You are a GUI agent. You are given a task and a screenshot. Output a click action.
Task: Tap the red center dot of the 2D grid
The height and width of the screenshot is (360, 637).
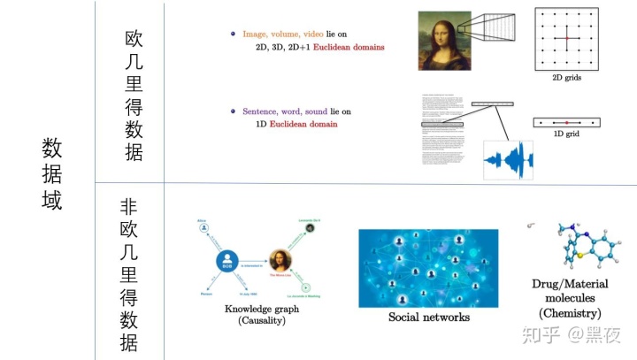[x=566, y=39]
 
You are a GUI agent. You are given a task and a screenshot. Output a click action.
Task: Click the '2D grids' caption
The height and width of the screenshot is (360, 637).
[x=566, y=78]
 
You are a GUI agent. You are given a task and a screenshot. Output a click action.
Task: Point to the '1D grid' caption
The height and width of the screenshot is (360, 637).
[x=566, y=134]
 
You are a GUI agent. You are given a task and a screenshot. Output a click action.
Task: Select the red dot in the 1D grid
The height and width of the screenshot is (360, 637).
[x=566, y=121]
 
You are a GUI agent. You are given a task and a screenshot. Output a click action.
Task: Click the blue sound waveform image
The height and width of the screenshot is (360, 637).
[x=508, y=160]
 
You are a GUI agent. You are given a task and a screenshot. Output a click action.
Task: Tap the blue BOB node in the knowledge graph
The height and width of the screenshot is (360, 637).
[x=229, y=262]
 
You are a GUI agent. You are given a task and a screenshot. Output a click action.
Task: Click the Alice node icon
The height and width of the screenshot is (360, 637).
[x=204, y=227]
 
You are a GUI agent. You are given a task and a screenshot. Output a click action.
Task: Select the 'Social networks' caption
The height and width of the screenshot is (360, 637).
[x=428, y=317]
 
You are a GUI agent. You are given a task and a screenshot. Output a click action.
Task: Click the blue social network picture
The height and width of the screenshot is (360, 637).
[x=428, y=268]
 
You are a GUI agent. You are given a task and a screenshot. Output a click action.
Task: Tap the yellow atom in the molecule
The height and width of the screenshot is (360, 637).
[x=576, y=258]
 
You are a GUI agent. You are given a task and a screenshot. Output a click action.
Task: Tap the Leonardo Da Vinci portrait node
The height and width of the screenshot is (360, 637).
[x=311, y=227]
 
